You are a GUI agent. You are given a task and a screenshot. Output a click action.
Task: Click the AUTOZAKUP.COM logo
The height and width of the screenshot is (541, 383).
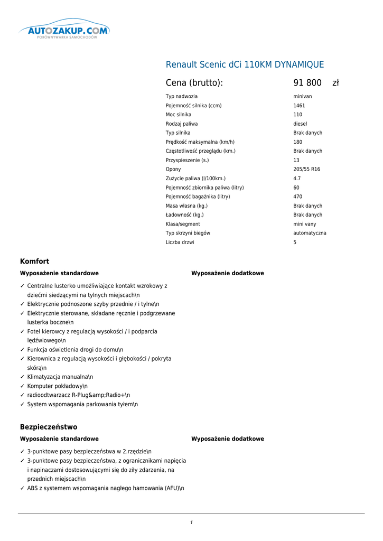(64, 31)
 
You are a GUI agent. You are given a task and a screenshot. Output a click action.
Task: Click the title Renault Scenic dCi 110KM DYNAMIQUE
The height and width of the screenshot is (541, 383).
(245, 65)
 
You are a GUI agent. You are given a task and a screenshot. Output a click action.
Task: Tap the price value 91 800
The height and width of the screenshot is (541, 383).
(307, 83)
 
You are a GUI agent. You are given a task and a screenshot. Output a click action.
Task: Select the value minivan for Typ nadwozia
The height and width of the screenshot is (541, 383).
(303, 97)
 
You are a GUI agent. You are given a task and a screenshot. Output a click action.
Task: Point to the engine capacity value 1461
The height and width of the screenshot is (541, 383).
(299, 106)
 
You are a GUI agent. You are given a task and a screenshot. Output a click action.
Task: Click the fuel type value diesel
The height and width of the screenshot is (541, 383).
(300, 124)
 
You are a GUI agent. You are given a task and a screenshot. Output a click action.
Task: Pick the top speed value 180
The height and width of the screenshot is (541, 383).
(298, 142)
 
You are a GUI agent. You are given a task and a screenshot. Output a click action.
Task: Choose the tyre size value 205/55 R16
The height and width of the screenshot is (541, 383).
(306, 170)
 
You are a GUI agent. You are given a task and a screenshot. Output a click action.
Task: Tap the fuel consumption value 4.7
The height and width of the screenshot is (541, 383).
(297, 179)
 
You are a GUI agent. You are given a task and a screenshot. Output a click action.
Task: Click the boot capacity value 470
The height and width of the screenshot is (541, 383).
(298, 197)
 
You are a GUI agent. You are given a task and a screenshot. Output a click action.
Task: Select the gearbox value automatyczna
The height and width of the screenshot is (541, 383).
(310, 233)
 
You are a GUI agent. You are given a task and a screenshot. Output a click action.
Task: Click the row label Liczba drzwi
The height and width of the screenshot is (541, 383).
(180, 242)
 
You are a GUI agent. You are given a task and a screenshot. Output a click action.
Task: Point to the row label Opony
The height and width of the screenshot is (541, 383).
(173, 170)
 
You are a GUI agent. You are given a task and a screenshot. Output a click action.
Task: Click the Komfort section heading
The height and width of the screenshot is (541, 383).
(34, 262)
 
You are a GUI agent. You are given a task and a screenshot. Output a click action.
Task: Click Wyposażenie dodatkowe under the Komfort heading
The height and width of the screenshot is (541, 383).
(228, 274)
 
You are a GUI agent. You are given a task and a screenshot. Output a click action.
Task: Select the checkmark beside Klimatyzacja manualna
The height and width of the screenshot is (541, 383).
(22, 377)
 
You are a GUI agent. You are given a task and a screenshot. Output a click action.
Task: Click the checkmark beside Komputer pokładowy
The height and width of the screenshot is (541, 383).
(22, 386)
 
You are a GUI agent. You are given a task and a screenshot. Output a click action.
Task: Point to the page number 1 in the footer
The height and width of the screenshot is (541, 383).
(191, 523)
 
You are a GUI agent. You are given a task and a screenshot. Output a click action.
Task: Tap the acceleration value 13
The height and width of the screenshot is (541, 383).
(296, 161)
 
